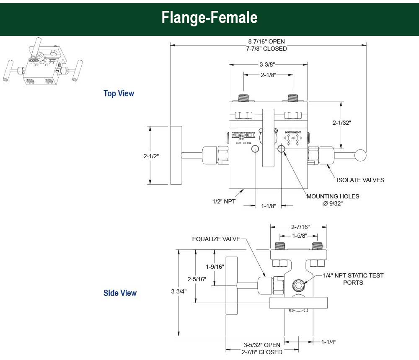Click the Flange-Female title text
tap(209, 18)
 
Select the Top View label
tap(119, 93)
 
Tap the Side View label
tap(120, 293)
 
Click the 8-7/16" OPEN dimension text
tap(266, 41)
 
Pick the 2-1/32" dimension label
tap(341, 123)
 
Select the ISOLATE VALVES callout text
tap(360, 180)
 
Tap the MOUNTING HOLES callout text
tap(333, 196)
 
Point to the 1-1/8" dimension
tap(269, 206)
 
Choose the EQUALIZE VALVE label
tap(216, 239)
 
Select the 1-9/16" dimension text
tap(215, 266)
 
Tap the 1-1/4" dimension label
tap(329, 342)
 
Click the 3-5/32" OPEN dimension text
tap(262, 345)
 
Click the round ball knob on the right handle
tap(360, 155)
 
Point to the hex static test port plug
tap(298, 285)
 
